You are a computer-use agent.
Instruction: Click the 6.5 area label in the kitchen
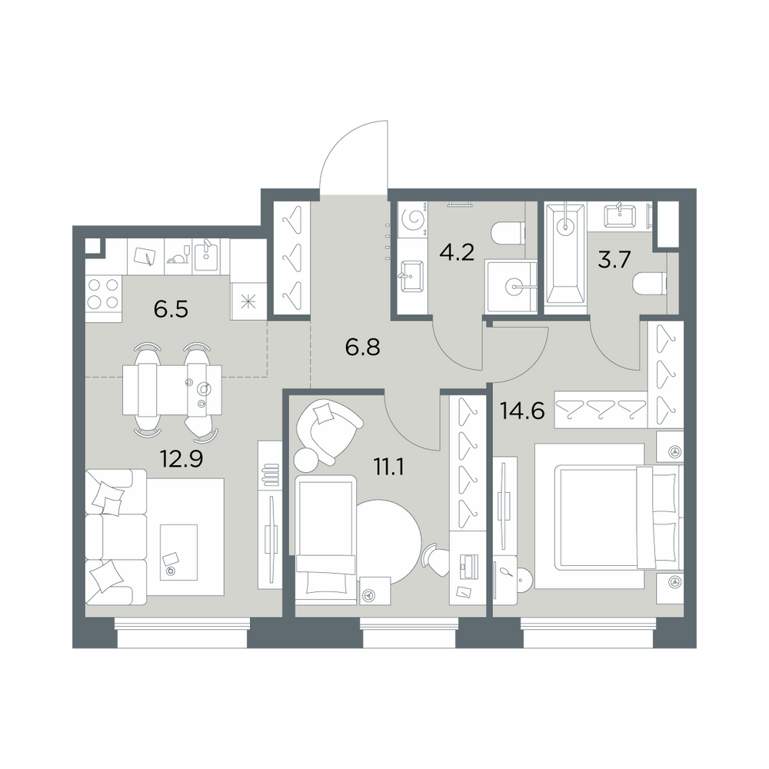point(171,310)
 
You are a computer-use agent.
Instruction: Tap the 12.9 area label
point(181,459)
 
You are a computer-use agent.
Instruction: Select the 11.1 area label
point(388,468)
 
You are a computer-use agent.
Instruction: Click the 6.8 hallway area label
point(363,348)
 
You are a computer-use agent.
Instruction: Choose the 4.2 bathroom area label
point(457,252)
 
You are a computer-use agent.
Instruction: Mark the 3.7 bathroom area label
point(614,260)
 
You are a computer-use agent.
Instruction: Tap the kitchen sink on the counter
point(206,256)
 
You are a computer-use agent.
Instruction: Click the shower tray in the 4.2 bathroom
point(511,286)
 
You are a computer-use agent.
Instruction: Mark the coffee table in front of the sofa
point(178,552)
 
